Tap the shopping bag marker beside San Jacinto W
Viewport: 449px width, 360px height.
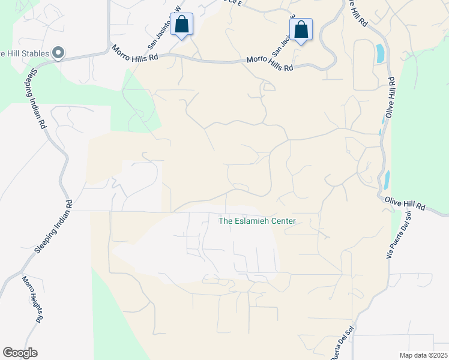182,25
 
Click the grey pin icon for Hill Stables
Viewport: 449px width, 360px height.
58,53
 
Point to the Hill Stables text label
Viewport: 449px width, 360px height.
23,54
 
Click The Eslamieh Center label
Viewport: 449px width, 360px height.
257,221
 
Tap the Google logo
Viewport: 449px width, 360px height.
20,352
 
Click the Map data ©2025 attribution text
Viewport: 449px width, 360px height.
423,355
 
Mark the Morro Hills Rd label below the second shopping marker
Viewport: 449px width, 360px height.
270,64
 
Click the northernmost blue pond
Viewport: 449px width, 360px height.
379,54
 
